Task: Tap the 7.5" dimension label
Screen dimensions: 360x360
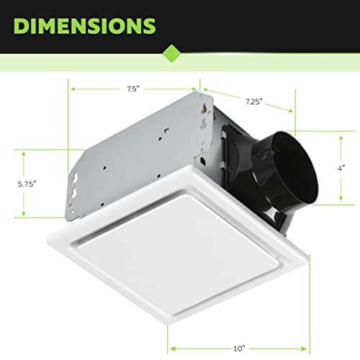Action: [x=134, y=90]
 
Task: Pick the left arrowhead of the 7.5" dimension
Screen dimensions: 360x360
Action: [x=72, y=90]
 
